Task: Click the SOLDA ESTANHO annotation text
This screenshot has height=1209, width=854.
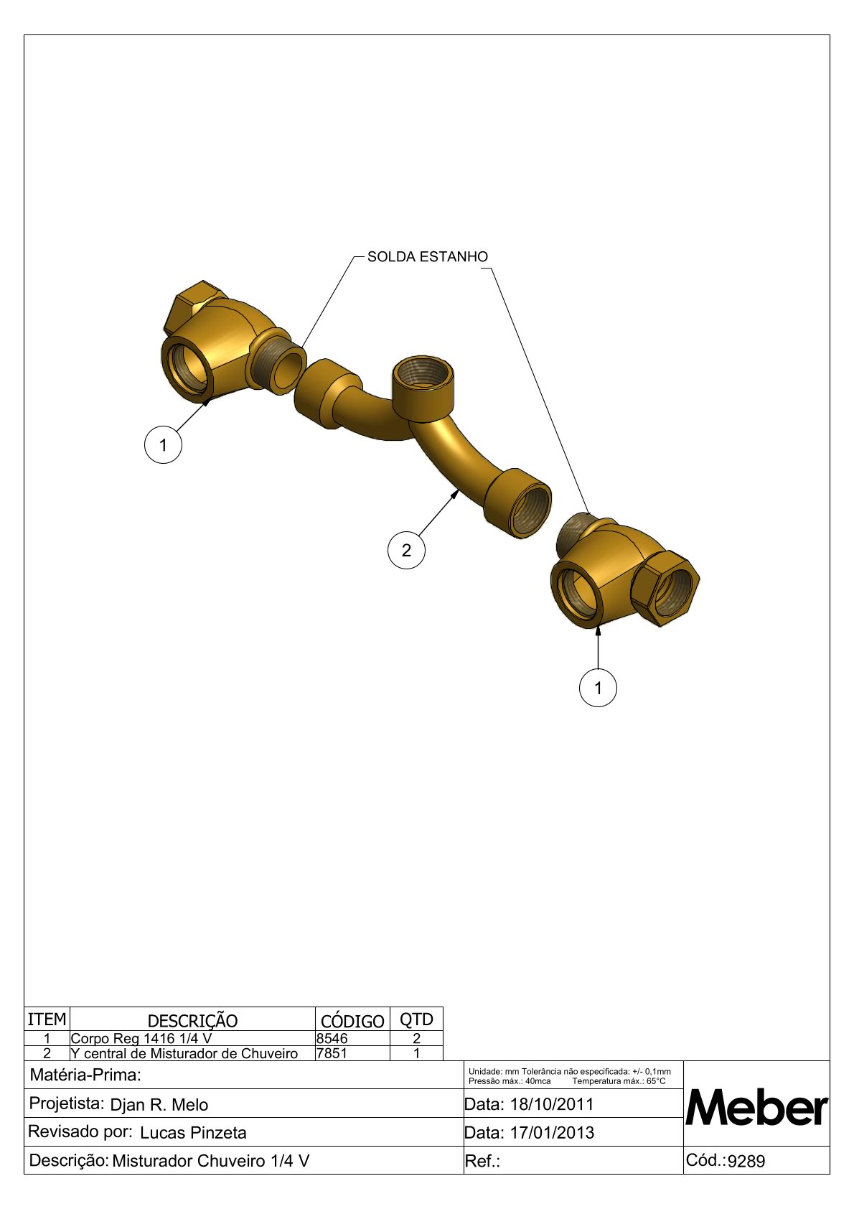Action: (x=427, y=257)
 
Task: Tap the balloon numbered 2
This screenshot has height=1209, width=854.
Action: (x=406, y=550)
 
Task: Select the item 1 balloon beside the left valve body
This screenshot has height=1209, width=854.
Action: (x=163, y=445)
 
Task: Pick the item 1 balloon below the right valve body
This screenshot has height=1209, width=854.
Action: (x=598, y=688)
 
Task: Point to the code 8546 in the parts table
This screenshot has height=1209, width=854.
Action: (x=332, y=1038)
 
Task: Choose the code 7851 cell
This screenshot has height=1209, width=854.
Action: (x=332, y=1052)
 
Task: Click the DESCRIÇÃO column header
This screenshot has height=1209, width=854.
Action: (x=192, y=1021)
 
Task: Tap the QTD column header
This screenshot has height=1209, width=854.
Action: (x=416, y=1019)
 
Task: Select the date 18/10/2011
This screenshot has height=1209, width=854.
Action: (x=552, y=1104)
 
